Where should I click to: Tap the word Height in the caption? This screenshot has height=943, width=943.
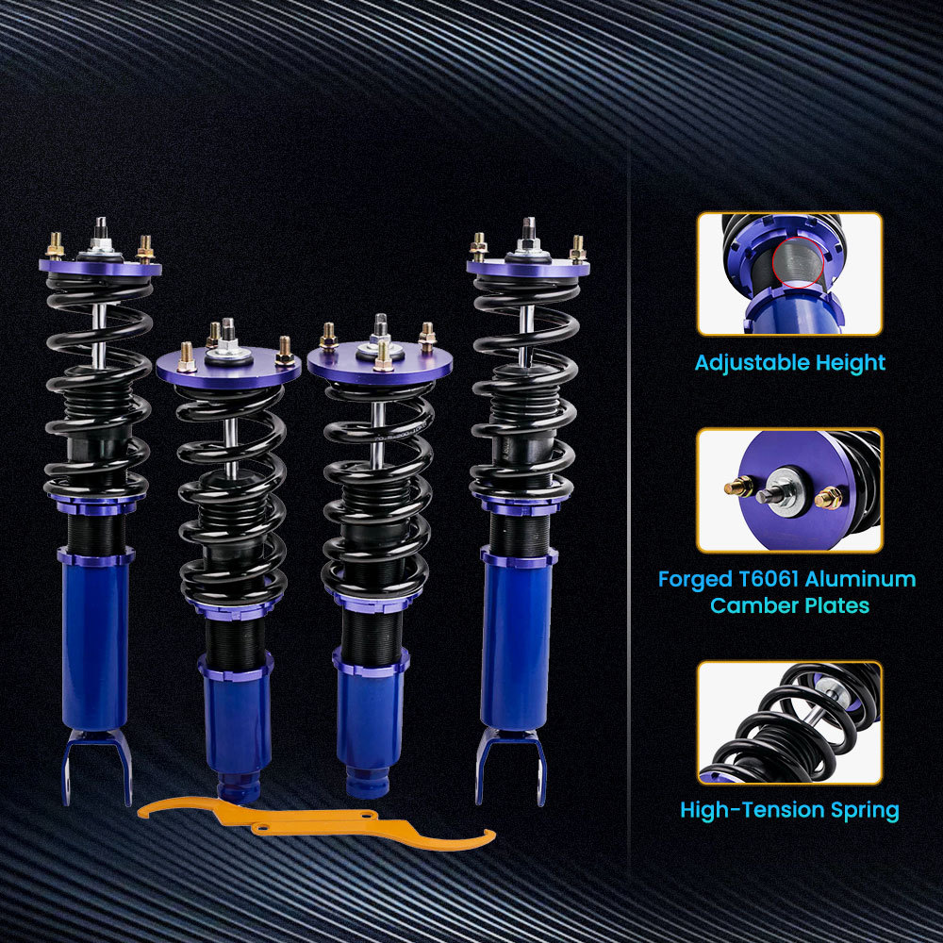(848, 363)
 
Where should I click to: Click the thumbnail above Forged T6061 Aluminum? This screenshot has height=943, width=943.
(789, 490)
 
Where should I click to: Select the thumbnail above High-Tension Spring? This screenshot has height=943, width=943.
(789, 722)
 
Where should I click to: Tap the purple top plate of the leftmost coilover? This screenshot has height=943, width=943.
(100, 268)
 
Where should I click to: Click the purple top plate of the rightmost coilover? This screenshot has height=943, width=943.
(528, 268)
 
